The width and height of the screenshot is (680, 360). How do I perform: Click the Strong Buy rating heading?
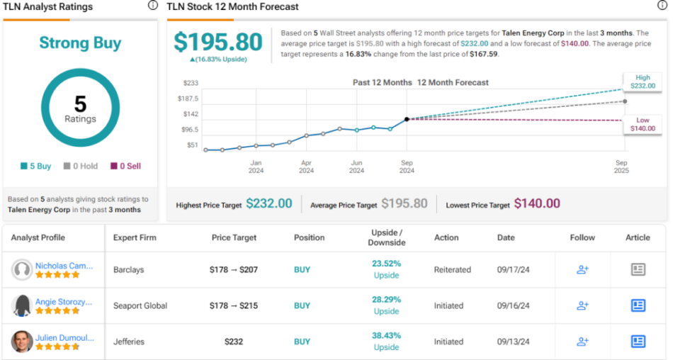(80, 43)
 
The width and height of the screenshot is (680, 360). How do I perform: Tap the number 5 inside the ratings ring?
(80, 104)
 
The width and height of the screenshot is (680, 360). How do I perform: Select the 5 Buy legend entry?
(35, 166)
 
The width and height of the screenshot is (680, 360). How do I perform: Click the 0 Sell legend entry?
(125, 166)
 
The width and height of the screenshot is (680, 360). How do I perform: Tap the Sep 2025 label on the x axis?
(621, 167)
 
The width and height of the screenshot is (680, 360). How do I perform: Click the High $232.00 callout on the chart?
(642, 81)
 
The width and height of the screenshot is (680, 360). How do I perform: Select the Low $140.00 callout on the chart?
(642, 124)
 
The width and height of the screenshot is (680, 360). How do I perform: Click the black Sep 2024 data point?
(407, 119)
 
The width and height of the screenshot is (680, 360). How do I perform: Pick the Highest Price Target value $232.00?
(268, 204)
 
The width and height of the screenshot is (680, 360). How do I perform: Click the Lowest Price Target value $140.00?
(537, 204)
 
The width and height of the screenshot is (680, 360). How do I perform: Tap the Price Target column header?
(234, 237)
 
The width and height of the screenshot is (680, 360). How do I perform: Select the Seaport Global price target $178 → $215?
(234, 305)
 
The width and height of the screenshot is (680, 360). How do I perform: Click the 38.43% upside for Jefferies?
(386, 336)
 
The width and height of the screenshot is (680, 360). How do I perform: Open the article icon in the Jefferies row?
(637, 342)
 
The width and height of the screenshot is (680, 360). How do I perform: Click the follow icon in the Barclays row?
(582, 269)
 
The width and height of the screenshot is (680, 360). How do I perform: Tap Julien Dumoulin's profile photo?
(22, 342)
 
